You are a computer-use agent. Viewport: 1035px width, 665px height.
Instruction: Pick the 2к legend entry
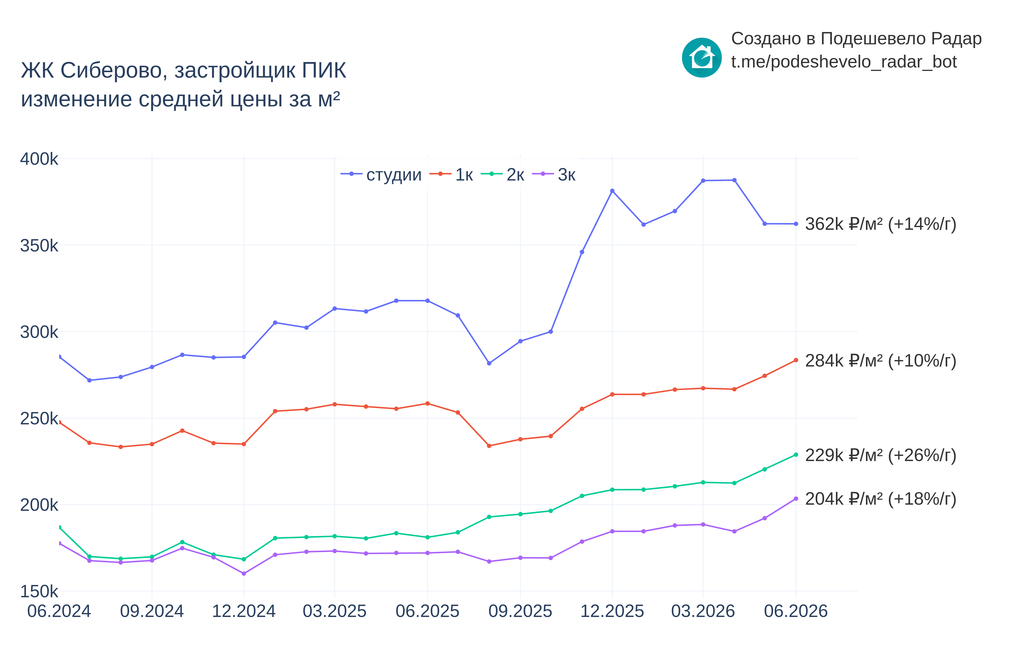pyautogui.click(x=502, y=174)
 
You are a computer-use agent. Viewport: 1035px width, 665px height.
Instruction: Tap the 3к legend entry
pyautogui.click(x=554, y=174)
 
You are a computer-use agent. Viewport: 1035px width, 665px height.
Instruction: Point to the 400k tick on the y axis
pyautogui.click(x=39, y=159)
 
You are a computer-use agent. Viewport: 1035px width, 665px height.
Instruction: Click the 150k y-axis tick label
pyautogui.click(x=39, y=591)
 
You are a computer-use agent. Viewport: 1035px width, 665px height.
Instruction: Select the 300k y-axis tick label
pyautogui.click(x=39, y=332)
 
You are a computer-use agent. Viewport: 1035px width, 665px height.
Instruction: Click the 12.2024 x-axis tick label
pyautogui.click(x=244, y=611)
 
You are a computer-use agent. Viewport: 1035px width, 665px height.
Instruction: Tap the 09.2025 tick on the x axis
pyautogui.click(x=520, y=611)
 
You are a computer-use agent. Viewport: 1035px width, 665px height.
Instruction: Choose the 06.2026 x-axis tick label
pyautogui.click(x=796, y=611)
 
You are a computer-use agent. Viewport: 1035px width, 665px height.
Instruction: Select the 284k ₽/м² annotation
pyautogui.click(x=880, y=361)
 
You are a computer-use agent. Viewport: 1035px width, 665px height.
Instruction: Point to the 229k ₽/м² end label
pyautogui.click(x=880, y=455)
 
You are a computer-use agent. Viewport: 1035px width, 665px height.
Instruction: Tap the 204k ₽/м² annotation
pyautogui.click(x=880, y=499)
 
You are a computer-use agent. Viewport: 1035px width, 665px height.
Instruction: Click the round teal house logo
pyautogui.click(x=702, y=57)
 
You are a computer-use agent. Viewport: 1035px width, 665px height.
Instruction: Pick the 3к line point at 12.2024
pyautogui.click(x=244, y=573)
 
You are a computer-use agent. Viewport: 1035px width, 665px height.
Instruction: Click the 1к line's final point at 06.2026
pyautogui.click(x=796, y=360)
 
